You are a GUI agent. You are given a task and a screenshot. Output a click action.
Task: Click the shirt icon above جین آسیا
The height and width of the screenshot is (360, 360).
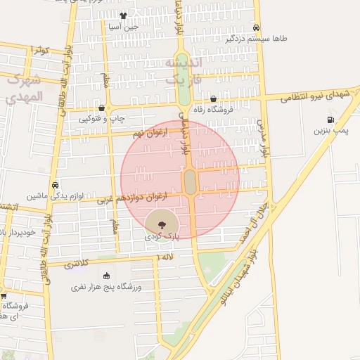tap(124, 15)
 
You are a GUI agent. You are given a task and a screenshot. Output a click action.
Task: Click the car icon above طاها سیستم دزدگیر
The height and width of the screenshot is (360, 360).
tap(257, 28)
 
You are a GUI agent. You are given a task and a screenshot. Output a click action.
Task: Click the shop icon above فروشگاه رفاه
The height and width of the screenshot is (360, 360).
tap(213, 98)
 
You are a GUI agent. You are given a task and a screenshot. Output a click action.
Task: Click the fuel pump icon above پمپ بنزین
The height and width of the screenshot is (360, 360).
tap(330, 120)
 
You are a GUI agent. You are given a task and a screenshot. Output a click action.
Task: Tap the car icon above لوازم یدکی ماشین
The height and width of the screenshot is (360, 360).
tap(55, 185)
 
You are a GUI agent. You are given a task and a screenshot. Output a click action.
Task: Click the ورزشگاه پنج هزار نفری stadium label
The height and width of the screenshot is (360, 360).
tap(107, 287)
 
